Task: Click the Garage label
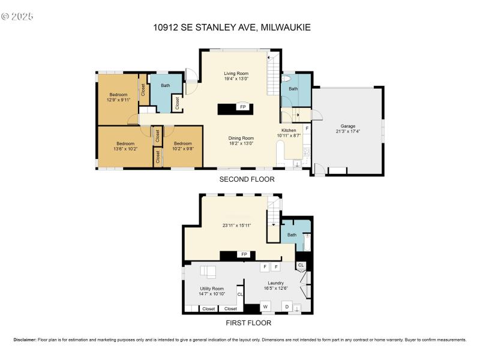tap(348, 127)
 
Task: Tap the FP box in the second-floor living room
tap(242, 107)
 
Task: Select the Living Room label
tap(236, 73)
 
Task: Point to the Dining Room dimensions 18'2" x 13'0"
tap(240, 143)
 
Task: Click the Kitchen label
tap(289, 130)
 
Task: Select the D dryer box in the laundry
tap(287, 307)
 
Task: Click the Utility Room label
tap(212, 289)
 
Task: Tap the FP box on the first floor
tap(244, 254)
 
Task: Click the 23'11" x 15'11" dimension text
tap(236, 225)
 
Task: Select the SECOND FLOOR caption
tap(247, 179)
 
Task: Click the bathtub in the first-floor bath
tap(307, 241)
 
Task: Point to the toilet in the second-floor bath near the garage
tap(287, 79)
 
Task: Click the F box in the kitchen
tap(307, 128)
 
